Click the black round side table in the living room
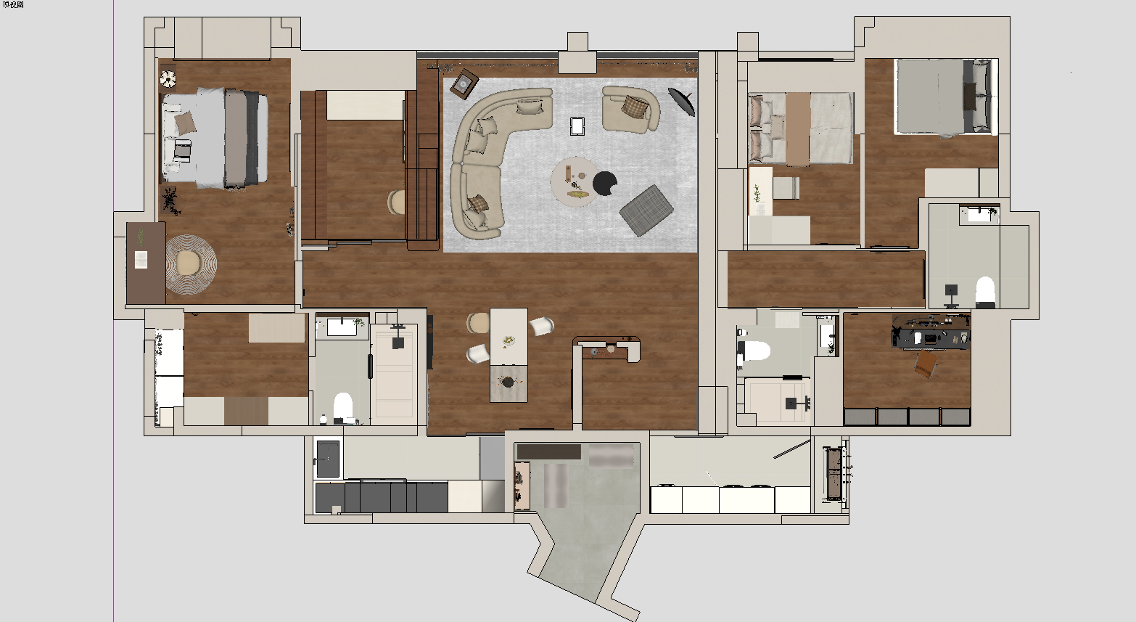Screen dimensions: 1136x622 [604, 183]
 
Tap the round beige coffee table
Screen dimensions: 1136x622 [574, 181]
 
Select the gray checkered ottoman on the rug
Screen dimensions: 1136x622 [646, 210]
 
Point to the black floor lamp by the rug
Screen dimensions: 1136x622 [682, 101]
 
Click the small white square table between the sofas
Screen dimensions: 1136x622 [577, 126]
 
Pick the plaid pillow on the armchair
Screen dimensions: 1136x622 [635, 107]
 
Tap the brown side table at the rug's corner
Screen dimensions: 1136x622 [464, 83]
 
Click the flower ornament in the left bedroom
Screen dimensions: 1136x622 [168, 78]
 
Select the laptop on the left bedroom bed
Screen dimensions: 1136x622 [183, 150]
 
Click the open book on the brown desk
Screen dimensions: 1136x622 [141, 259]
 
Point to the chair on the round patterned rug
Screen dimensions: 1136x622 [188, 262]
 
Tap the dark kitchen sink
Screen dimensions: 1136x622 [328, 459]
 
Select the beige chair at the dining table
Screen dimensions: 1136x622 [478, 323]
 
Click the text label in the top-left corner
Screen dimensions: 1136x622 [12, 4]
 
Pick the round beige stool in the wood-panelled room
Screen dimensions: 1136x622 [396, 202]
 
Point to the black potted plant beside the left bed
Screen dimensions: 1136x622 [171, 200]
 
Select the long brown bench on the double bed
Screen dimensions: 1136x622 [798, 129]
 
